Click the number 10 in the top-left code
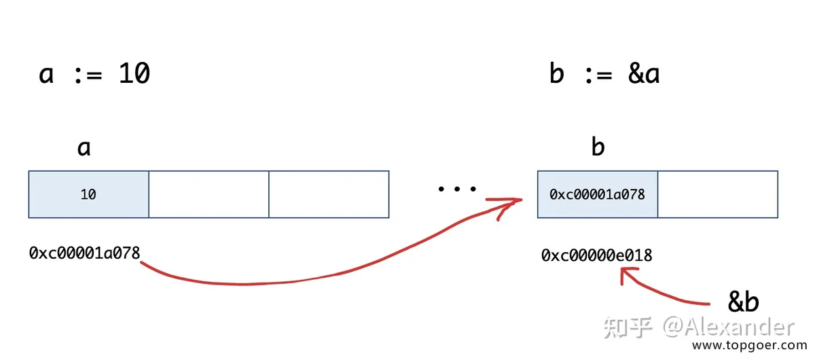134,73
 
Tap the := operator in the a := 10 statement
88,75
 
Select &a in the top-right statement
644,73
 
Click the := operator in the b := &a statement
599,75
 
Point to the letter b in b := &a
557,73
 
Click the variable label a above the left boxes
84,148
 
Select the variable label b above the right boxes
598,146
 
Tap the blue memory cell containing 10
89,194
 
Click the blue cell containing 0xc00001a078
598,194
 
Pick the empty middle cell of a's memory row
209,194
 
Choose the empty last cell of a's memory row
329,194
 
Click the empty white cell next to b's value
718,194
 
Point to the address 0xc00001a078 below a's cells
84,253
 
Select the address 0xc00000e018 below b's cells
597,255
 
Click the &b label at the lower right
743,302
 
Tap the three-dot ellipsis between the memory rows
457,189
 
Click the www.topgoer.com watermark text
750,345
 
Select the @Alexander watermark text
728,327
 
